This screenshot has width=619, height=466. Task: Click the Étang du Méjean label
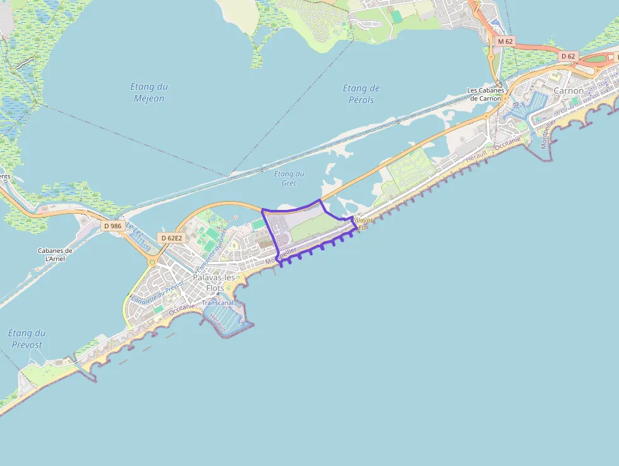[149, 92]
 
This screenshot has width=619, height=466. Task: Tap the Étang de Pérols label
[361, 94]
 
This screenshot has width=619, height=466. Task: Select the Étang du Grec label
[289, 178]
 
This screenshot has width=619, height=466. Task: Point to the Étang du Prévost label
[27, 338]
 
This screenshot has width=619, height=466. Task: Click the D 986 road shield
[112, 226]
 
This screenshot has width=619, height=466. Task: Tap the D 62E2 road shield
[171, 238]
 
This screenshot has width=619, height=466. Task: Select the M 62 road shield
[505, 41]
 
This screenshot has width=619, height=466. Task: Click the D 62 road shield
[568, 56]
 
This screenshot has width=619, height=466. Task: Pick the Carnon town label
[568, 90]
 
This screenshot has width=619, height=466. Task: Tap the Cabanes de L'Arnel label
[55, 255]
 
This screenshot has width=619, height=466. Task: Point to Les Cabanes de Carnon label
[484, 94]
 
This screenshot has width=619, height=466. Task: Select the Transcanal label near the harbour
[218, 303]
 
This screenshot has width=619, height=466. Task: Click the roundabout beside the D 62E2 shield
[152, 261]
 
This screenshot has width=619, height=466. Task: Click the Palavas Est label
[362, 223]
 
